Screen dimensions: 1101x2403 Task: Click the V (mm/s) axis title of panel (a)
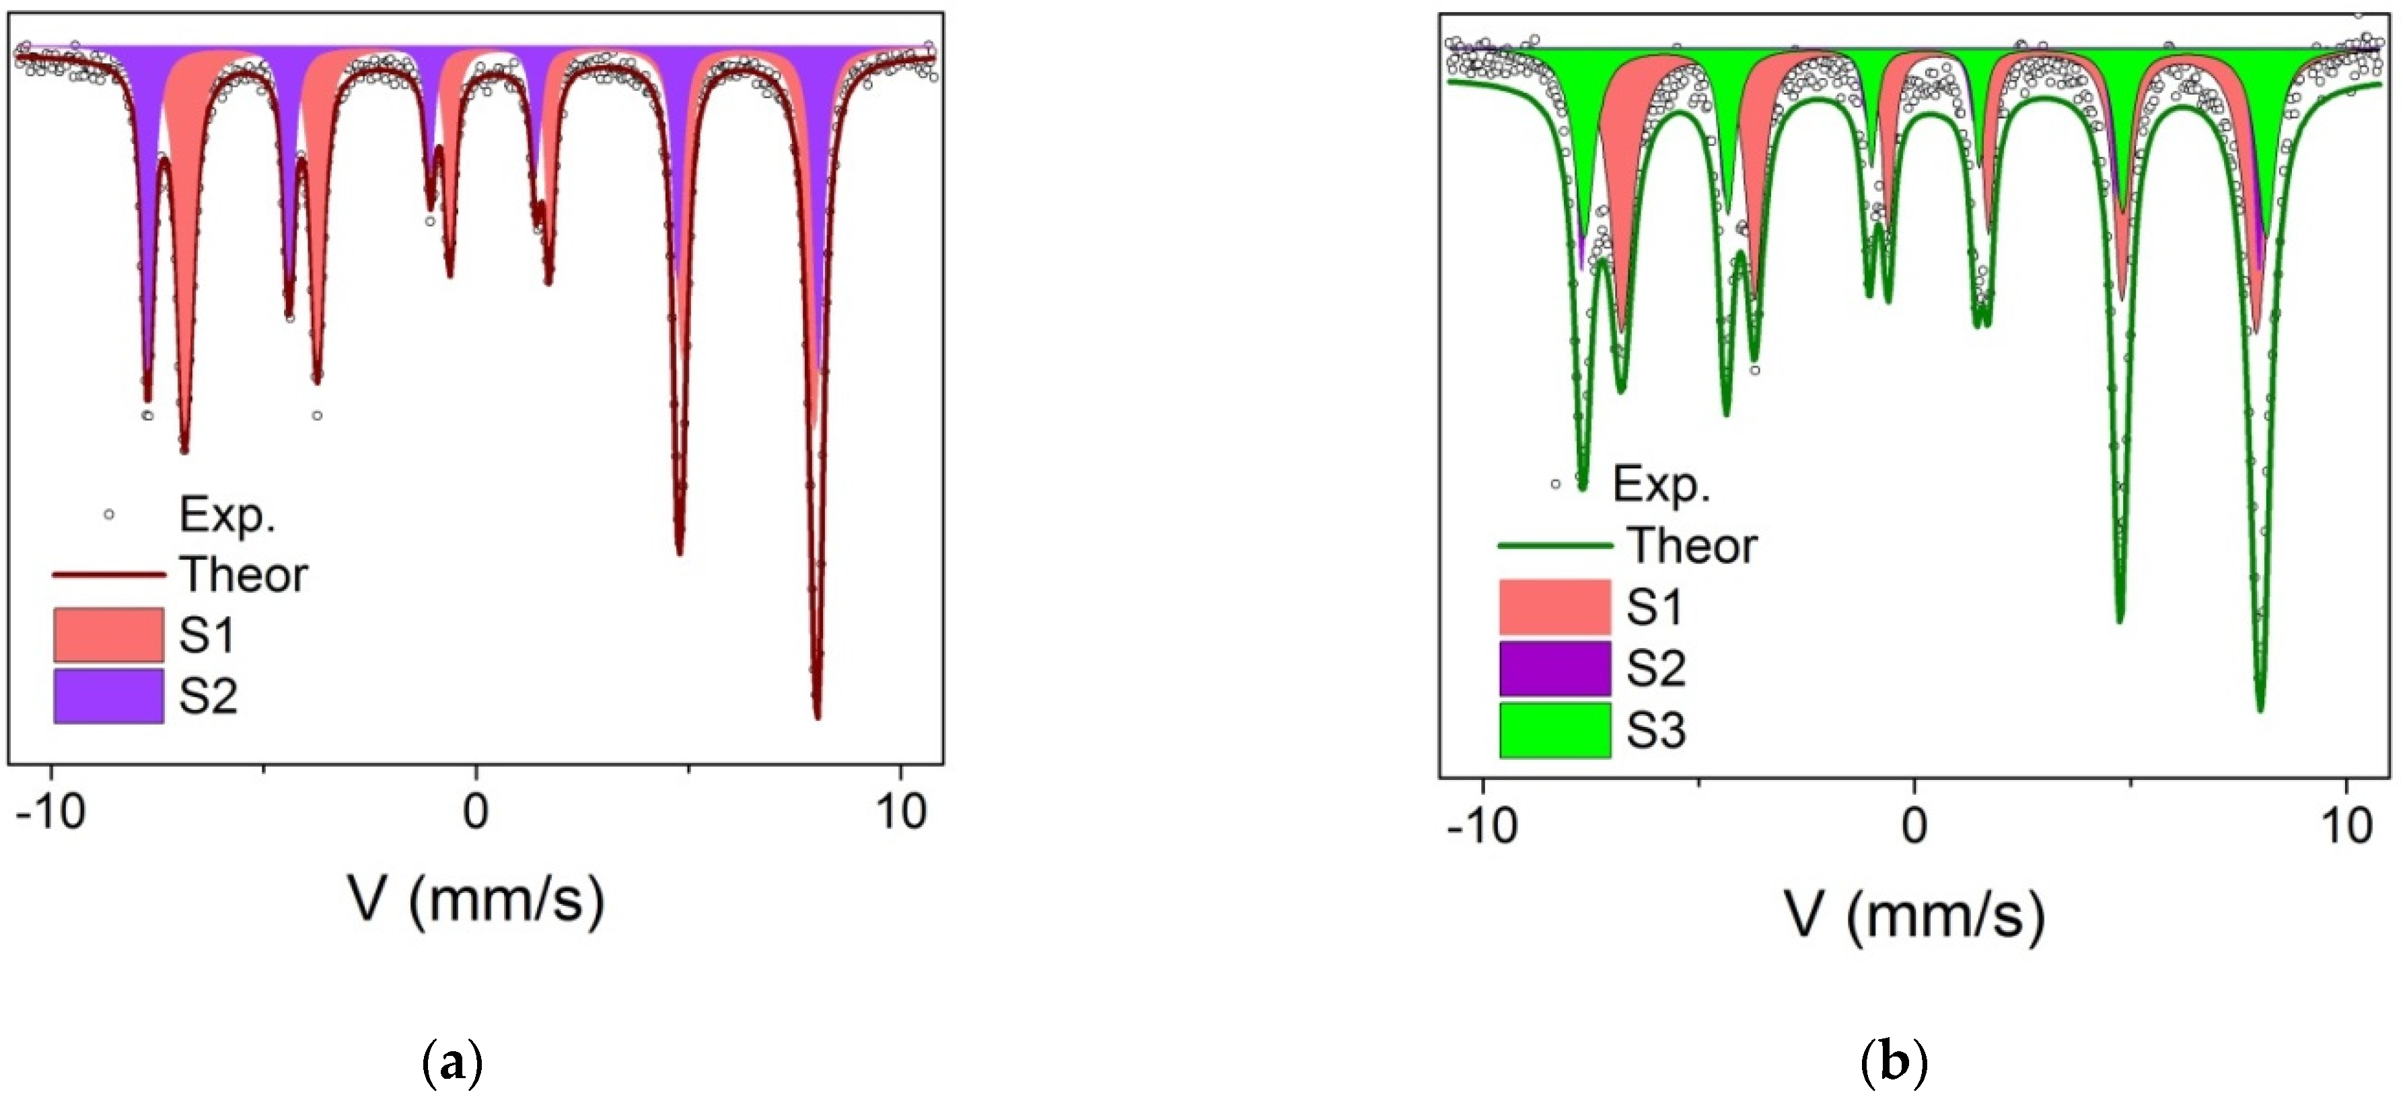coord(476,900)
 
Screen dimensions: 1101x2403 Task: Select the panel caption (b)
coord(1893,1063)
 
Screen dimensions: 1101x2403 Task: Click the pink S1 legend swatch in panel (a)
coord(108,635)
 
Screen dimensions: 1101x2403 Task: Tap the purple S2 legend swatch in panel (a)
coord(108,695)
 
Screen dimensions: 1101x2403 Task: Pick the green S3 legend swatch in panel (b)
coord(1554,729)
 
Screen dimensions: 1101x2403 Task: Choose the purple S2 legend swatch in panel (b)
coord(1554,668)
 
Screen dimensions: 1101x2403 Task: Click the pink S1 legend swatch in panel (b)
coord(1554,606)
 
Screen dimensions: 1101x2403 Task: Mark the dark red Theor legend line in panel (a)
coord(108,575)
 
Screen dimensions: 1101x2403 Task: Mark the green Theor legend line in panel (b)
coord(1555,546)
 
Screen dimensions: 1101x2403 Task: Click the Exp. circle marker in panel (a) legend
coord(109,514)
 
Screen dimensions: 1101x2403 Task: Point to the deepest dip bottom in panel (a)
coord(817,717)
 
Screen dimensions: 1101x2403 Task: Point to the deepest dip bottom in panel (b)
coord(2260,710)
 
